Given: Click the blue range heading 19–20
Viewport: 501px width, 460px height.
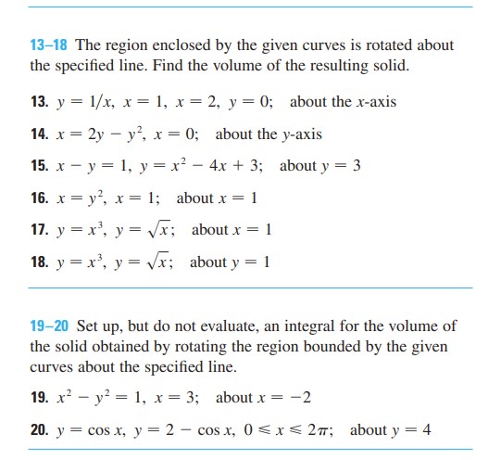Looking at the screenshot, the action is tap(50, 326).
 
